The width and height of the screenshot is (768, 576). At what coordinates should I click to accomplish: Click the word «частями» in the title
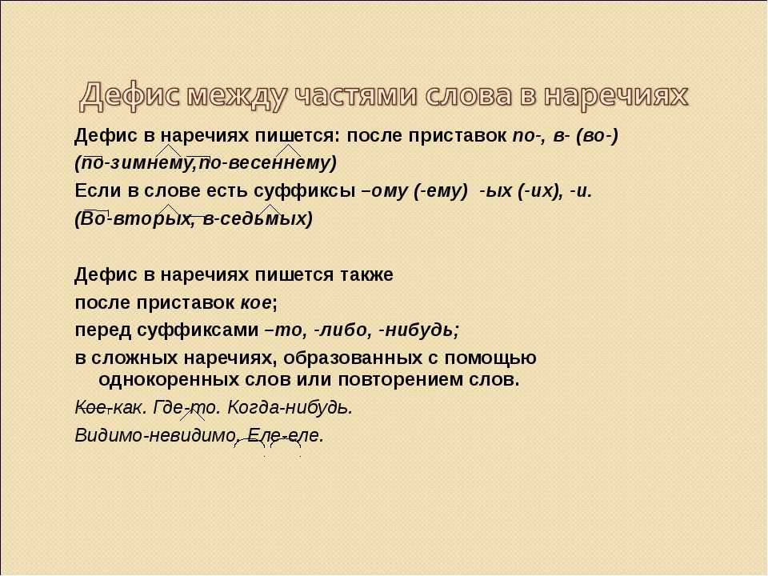(x=354, y=95)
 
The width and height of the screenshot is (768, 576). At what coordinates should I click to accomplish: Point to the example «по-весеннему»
(x=264, y=163)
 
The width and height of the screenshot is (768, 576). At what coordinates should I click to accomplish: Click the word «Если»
(x=99, y=190)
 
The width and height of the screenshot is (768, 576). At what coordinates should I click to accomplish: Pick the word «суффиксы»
(x=305, y=191)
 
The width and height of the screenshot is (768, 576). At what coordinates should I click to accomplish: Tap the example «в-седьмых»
(x=254, y=218)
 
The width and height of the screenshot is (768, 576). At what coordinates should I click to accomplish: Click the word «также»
(x=366, y=274)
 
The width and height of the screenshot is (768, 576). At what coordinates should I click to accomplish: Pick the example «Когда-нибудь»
(x=290, y=407)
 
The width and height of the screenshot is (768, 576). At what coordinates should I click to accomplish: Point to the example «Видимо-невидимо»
(x=154, y=435)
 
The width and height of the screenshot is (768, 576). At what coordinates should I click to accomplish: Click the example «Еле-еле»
(x=285, y=435)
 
